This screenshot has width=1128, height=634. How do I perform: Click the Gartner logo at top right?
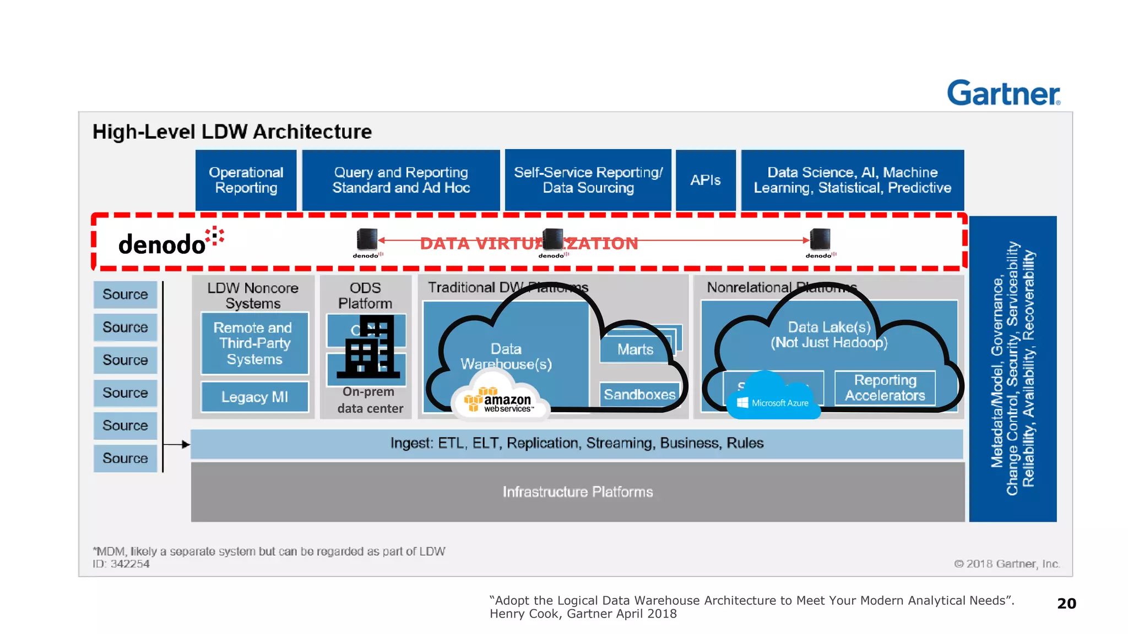1003,93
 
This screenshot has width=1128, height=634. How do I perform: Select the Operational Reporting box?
246,180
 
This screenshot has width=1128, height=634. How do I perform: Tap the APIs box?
705,180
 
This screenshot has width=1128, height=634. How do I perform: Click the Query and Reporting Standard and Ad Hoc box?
400,180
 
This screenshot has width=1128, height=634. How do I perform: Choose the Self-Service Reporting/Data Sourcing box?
588,180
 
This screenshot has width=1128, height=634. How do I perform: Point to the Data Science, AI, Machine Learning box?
852,180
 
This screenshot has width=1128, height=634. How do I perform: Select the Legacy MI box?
254,397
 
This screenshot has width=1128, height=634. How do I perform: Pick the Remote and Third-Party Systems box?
254,343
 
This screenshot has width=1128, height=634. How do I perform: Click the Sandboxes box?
639,395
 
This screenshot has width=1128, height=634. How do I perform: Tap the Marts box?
634,349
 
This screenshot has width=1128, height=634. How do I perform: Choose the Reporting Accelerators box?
885,388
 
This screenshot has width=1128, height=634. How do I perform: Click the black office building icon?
368,347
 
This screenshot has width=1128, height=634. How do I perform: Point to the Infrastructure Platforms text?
577,492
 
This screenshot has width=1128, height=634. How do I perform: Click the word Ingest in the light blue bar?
411,444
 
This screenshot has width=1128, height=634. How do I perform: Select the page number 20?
1066,604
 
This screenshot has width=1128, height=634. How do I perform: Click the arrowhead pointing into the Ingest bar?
186,444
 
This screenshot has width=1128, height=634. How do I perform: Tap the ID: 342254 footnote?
121,564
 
